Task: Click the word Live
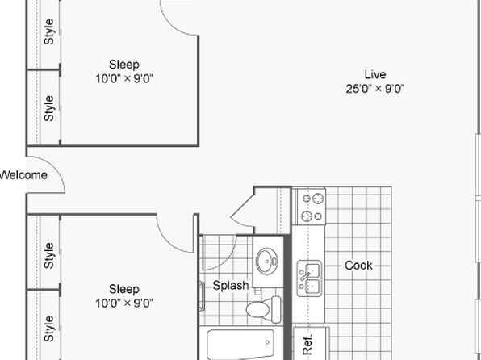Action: tap(374, 74)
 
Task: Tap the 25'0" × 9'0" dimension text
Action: tap(374, 89)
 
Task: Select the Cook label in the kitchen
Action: tap(358, 266)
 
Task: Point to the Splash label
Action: tap(231, 286)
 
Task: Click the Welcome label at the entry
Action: tap(23, 175)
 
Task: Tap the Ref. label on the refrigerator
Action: tap(307, 345)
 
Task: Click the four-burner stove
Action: tap(311, 207)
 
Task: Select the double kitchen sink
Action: tap(309, 278)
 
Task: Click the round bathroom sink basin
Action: tap(266, 262)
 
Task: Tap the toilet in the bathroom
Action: tap(263, 309)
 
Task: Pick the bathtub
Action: tap(240, 344)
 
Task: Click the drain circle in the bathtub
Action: tap(267, 342)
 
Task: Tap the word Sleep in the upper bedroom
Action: tap(124, 65)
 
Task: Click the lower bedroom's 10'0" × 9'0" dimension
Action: tap(124, 303)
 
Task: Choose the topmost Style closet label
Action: tap(49, 31)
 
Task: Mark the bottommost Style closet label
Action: tap(49, 329)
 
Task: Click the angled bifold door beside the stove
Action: tap(242, 210)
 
